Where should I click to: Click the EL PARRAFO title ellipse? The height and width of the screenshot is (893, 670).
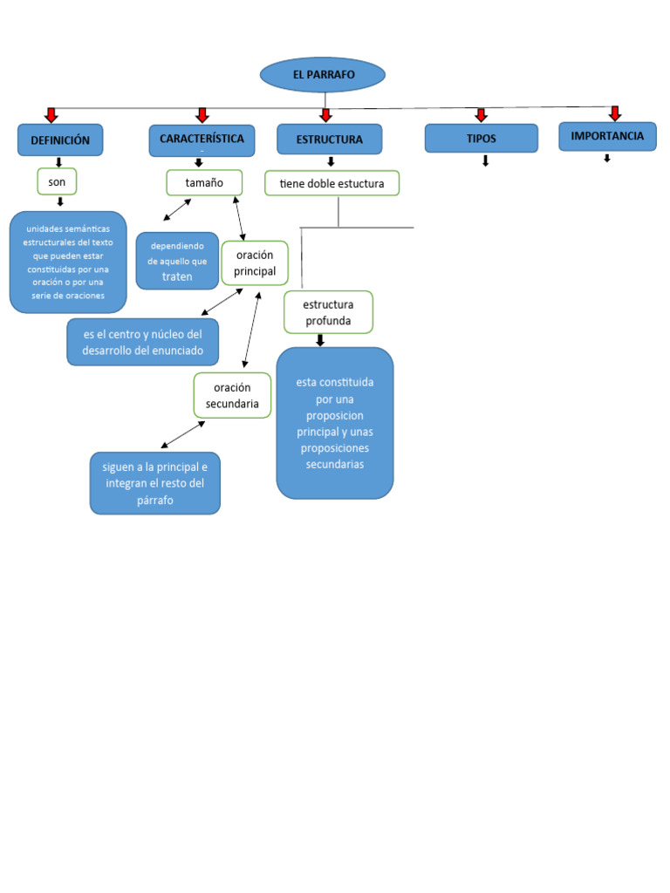[323, 75]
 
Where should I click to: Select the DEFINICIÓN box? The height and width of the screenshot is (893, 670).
[60, 140]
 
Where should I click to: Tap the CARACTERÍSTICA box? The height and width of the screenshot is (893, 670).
[202, 140]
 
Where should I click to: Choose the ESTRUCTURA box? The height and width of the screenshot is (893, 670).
[329, 140]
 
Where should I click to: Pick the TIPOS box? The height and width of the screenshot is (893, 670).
[481, 139]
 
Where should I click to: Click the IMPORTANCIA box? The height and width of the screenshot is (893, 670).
[607, 137]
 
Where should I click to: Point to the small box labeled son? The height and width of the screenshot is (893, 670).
[57, 181]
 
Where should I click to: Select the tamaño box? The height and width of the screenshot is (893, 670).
[204, 183]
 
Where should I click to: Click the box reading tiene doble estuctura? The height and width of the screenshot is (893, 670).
[332, 183]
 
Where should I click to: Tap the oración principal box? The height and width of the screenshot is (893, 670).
[255, 263]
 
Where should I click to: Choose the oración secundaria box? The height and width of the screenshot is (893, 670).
[232, 395]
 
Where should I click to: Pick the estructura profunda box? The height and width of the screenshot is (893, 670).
[328, 312]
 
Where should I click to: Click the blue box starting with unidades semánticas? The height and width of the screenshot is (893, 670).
[68, 262]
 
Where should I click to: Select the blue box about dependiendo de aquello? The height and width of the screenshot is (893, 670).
[177, 261]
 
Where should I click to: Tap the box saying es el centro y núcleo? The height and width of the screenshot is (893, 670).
[143, 342]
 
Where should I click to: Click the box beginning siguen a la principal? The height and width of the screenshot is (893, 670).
[155, 483]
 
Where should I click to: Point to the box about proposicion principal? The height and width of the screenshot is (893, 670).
[335, 423]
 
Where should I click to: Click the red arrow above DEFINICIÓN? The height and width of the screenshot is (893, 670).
[51, 115]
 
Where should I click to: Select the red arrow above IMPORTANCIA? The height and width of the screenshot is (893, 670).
[614, 113]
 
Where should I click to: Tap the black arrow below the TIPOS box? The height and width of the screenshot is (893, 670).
[485, 161]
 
